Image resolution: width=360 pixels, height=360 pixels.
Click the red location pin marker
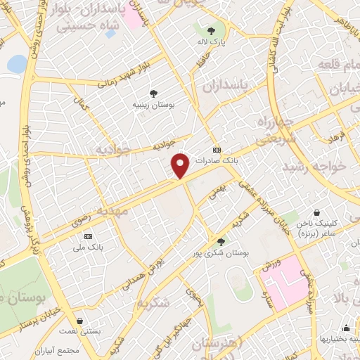[x=181, y=165]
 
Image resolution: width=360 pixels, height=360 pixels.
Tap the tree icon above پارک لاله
[x=211, y=30]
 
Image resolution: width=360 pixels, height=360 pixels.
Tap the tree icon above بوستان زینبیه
[x=153, y=93]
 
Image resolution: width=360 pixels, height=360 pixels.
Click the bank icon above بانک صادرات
[x=216, y=150]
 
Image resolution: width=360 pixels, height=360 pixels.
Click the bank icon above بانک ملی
[x=88, y=237]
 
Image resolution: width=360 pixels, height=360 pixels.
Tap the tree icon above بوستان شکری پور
[x=221, y=241]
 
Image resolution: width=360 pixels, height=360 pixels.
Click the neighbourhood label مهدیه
[x=112, y=211]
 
